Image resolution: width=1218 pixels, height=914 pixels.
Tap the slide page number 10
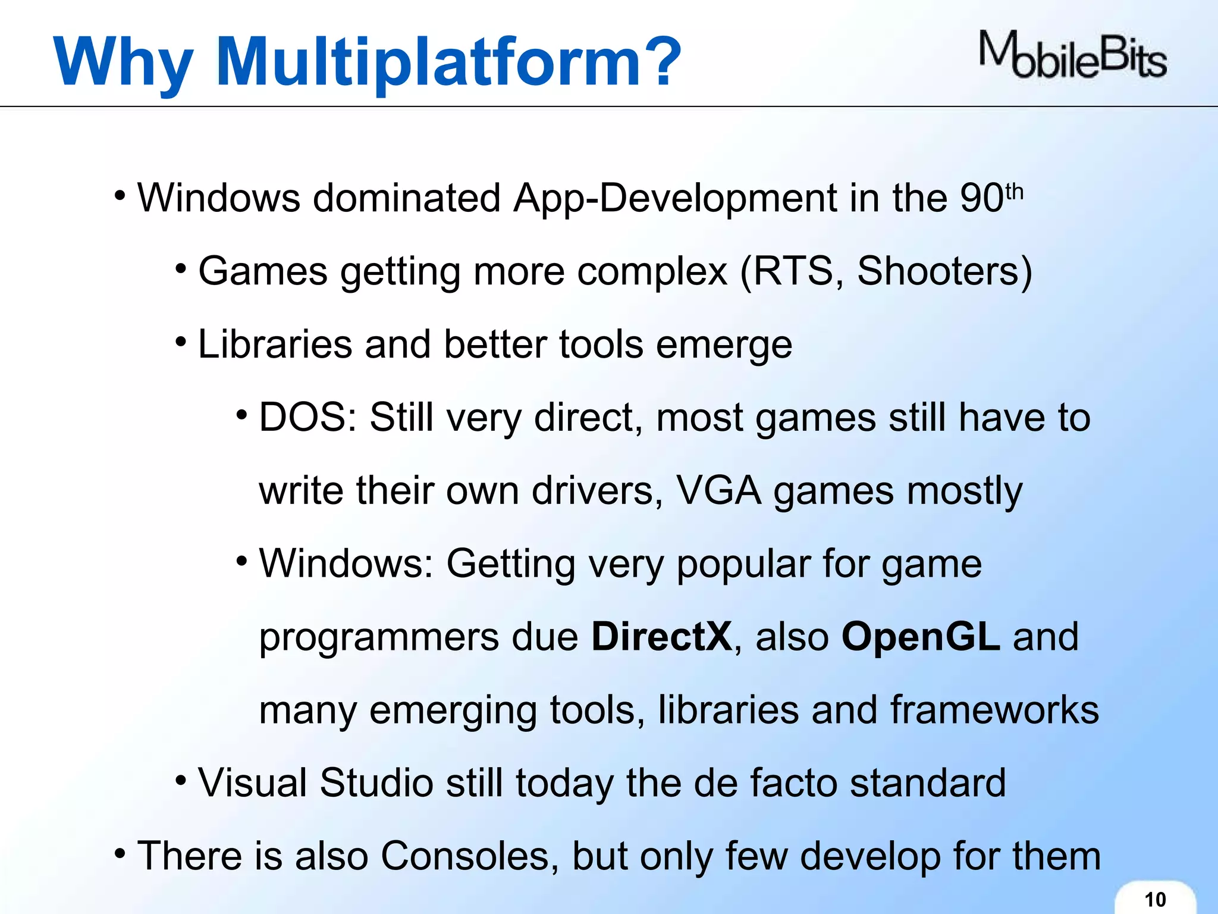(x=1155, y=899)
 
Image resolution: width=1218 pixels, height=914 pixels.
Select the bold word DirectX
(x=661, y=637)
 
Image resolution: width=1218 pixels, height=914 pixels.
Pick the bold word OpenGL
(x=921, y=637)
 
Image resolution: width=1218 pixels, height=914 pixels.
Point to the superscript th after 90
(x=1014, y=192)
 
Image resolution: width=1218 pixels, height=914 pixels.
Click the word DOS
(x=304, y=417)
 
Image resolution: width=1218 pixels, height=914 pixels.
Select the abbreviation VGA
(x=718, y=491)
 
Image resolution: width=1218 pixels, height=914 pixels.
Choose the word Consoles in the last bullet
(x=469, y=856)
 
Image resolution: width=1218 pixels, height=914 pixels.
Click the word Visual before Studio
(x=252, y=782)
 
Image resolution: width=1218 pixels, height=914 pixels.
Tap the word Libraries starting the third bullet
(x=275, y=344)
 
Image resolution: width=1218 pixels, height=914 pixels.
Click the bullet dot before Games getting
(x=181, y=270)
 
